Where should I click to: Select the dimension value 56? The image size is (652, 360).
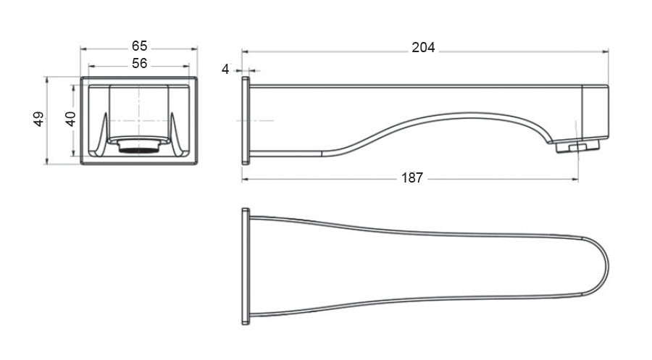(x=140, y=63)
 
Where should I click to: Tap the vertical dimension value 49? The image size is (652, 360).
(x=39, y=119)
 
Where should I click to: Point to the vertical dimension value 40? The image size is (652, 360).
(x=70, y=119)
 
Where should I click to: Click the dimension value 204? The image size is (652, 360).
(x=423, y=48)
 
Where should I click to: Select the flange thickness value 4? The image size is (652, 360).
(x=226, y=69)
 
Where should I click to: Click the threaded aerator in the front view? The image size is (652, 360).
(x=138, y=148)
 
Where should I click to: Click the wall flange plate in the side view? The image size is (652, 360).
(x=246, y=120)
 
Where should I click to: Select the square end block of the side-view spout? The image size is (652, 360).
(x=595, y=113)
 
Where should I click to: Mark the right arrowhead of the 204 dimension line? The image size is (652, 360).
(x=605, y=51)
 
